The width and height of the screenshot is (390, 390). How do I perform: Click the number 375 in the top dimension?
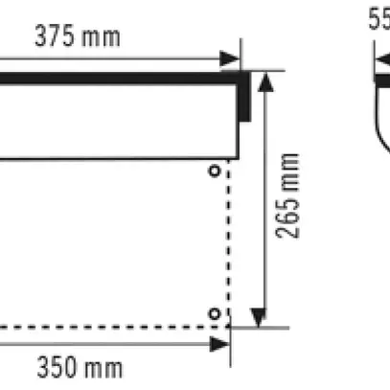click(x=56, y=37)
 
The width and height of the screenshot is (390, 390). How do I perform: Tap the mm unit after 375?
click(x=103, y=37)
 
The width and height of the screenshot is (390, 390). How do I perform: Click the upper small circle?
click(x=214, y=170)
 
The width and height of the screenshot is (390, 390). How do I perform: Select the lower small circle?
click(x=215, y=313)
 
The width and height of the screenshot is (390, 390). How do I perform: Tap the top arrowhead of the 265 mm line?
click(x=266, y=80)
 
